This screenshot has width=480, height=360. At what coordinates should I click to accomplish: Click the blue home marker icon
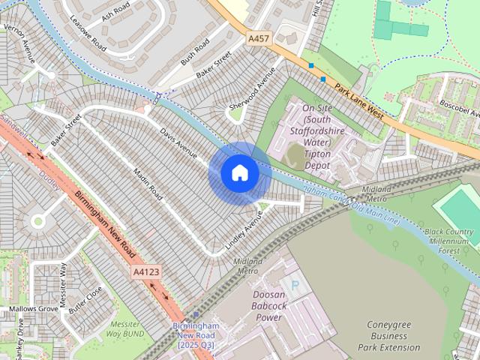tap(239, 173)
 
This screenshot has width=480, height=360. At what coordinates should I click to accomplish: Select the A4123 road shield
tap(146, 271)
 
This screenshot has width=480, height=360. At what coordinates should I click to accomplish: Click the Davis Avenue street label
tap(178, 142)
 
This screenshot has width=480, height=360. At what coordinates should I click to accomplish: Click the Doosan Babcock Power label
tap(258, 306)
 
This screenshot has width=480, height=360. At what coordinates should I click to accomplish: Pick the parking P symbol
tap(295, 286)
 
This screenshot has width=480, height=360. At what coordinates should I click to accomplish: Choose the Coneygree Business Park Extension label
tap(394, 336)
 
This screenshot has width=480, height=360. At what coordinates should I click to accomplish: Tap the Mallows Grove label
tap(33, 308)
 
